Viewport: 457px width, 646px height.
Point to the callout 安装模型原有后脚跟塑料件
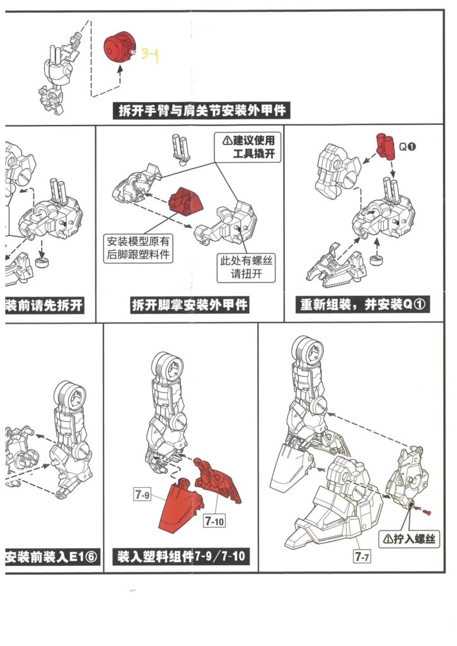click(140, 248)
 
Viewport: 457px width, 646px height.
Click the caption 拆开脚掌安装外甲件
click(190, 305)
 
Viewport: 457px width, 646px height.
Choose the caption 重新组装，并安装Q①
click(364, 305)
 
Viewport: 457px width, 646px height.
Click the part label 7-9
click(142, 496)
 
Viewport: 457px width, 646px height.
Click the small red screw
click(427, 510)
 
